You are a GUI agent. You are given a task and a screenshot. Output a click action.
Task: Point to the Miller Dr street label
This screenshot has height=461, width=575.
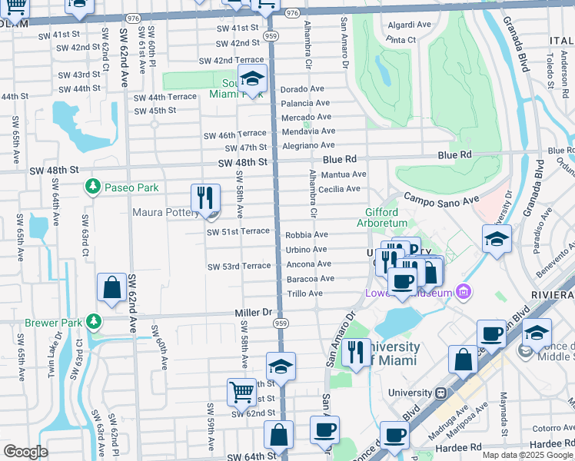coord(254,313)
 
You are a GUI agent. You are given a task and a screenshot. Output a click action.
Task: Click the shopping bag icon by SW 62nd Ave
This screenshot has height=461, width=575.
coord(111,288)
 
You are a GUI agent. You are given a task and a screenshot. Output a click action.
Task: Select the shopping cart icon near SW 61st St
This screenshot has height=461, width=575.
coord(242,393)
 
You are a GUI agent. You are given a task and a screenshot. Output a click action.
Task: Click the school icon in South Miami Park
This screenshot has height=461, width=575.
coord(251,78)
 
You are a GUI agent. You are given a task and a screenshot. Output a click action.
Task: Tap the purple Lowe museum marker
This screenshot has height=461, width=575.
coord(463,291)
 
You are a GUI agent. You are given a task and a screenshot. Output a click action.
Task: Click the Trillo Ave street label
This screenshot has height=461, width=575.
coord(304,294)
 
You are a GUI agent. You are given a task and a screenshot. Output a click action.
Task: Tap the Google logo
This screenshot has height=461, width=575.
coord(25,452)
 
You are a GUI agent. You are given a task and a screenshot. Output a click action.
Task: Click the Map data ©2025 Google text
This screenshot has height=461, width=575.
coord(527,455)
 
